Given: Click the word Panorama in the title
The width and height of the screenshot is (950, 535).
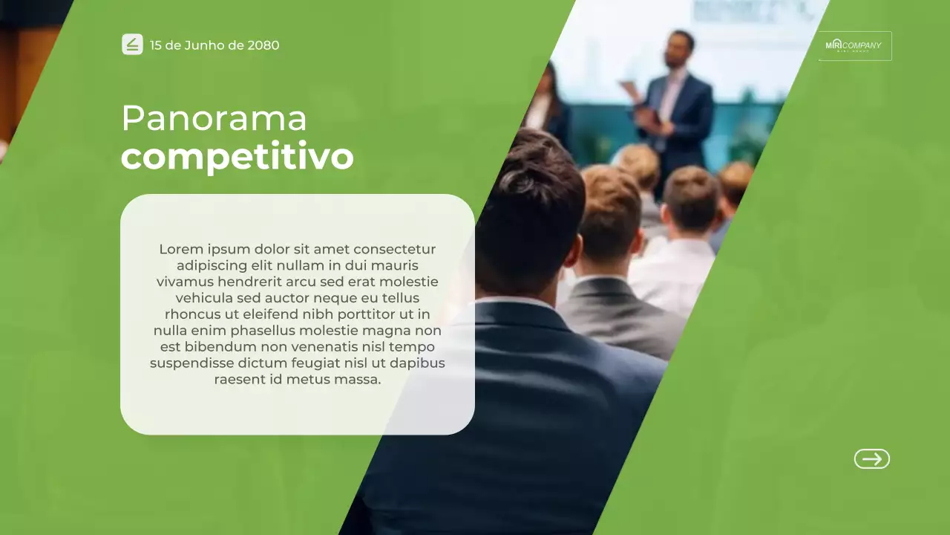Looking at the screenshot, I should (214, 119).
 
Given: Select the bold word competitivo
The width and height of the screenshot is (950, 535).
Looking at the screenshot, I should (237, 158).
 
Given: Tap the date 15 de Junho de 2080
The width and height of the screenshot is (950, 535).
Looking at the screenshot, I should (214, 45).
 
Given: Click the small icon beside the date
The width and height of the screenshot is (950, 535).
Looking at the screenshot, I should (132, 45).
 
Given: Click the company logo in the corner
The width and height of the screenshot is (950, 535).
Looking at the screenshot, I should (854, 46).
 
